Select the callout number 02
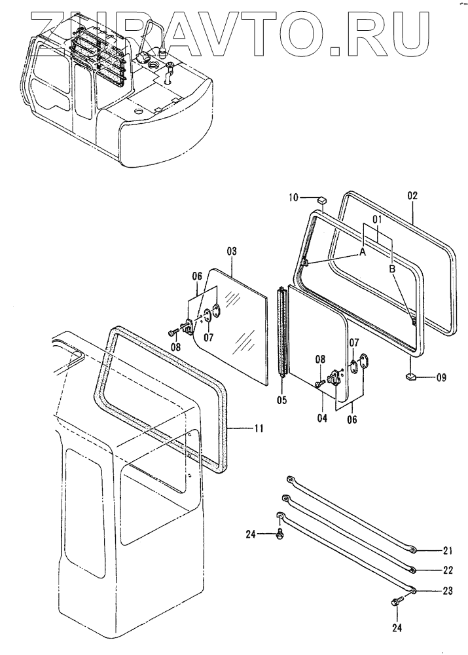[x=412, y=195]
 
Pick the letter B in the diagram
[x=392, y=269]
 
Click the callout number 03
[x=232, y=251]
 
